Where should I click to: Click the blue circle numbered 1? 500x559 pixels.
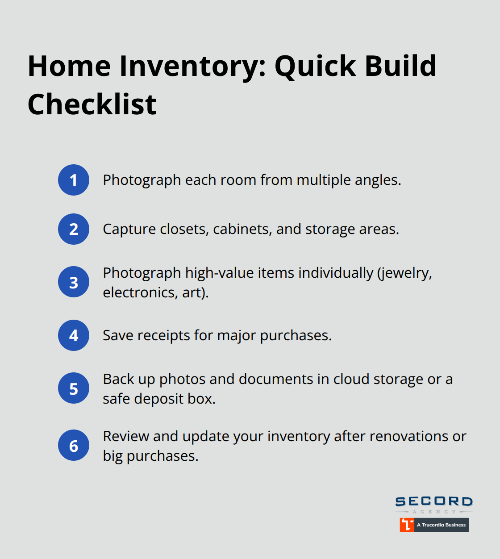[74, 180]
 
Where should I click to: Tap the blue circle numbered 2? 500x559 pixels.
[74, 229]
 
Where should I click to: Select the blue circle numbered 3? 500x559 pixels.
[74, 282]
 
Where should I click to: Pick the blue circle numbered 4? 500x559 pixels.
[74, 335]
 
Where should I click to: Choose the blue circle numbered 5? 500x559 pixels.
[74, 388]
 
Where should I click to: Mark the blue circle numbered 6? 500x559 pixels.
[74, 446]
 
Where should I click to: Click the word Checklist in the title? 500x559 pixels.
[92, 104]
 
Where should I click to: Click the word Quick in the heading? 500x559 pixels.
[315, 66]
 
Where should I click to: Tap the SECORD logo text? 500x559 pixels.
[434, 501]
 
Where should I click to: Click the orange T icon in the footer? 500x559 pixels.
[407, 525]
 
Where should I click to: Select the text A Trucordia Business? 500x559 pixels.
[441, 525]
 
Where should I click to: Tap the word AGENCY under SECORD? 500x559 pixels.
[434, 512]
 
